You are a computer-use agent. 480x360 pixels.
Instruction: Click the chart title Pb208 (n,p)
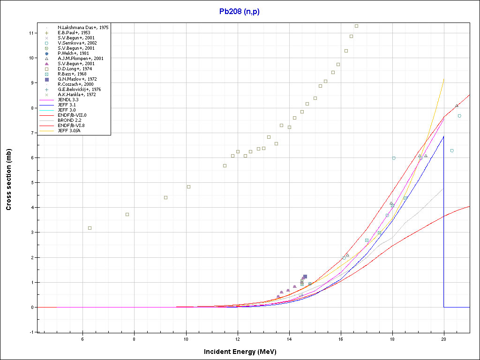239,12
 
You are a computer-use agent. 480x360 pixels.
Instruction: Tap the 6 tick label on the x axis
82,339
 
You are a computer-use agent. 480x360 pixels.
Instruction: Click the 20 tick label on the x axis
444,339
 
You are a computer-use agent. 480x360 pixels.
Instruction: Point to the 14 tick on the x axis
289,339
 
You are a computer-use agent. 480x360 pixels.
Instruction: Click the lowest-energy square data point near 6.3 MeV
90,228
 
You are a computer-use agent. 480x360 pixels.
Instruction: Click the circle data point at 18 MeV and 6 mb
394,158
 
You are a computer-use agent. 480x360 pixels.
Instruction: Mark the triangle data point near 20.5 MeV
457,105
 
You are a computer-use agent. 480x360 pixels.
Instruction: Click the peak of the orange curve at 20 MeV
443,79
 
